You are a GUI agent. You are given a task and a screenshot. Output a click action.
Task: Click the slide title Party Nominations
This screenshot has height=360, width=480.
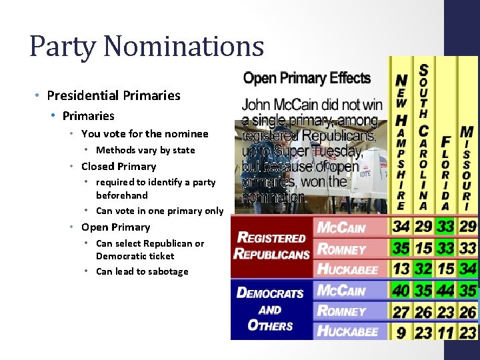tap(147, 47)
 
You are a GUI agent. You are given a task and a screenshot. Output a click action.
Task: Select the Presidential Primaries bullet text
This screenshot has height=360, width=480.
tap(113, 95)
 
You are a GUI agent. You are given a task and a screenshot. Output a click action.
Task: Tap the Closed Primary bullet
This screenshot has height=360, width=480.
tap(118, 167)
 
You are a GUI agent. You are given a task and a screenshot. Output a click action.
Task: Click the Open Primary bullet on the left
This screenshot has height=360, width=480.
tap(115, 227)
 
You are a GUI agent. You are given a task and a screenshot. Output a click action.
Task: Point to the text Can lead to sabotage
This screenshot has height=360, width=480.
tap(142, 271)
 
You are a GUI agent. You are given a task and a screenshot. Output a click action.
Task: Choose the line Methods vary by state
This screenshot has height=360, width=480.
tap(145, 150)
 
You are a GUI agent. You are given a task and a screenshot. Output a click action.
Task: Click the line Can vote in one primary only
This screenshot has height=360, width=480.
tap(159, 211)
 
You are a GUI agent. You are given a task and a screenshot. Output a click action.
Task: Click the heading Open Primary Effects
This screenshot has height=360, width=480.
tap(307, 79)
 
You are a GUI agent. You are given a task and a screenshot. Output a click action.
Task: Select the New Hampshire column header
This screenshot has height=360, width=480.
tap(401, 140)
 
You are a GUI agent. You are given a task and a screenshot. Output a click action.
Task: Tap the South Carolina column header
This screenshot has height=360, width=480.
tap(423, 133)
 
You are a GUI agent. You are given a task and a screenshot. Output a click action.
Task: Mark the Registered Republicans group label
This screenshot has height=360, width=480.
tap(272, 246)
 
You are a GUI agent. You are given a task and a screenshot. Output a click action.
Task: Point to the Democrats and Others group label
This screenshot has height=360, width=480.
tap(271, 309)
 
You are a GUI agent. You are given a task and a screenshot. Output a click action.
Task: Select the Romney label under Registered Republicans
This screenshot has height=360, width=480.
tap(341, 249)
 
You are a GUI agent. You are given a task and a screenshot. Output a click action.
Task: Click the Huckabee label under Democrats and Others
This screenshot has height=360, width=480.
tap(347, 331)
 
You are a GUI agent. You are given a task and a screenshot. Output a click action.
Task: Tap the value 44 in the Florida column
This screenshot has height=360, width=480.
tap(445, 291)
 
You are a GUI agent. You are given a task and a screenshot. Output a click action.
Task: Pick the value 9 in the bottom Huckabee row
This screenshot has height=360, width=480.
tap(401, 331)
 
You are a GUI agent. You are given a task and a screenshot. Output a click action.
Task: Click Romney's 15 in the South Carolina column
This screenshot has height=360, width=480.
tap(423, 249)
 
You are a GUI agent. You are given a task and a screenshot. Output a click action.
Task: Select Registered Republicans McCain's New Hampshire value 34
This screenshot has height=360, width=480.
tap(401, 227)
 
